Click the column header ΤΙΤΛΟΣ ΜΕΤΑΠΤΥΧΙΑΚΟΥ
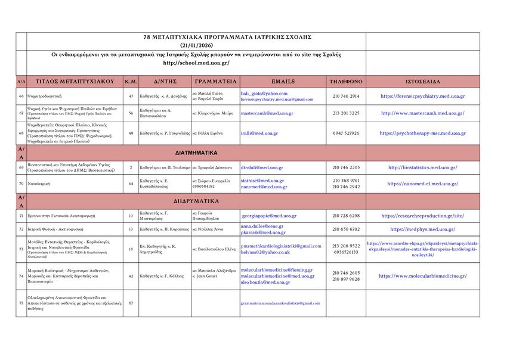[75, 81]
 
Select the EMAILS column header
[283, 81]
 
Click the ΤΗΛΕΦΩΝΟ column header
[346, 81]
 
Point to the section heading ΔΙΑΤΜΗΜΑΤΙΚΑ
[196, 153]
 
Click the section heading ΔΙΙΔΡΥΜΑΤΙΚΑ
[196, 201]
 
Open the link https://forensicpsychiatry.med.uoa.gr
[422, 96]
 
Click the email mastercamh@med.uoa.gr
[267, 113]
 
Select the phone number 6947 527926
[346, 133]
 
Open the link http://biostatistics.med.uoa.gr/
[422, 167]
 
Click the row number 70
[21, 184]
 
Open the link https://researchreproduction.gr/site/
[422, 216]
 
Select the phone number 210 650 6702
[346, 229]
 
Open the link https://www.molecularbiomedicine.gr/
[422, 276]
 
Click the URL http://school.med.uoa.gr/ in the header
[196, 63]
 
